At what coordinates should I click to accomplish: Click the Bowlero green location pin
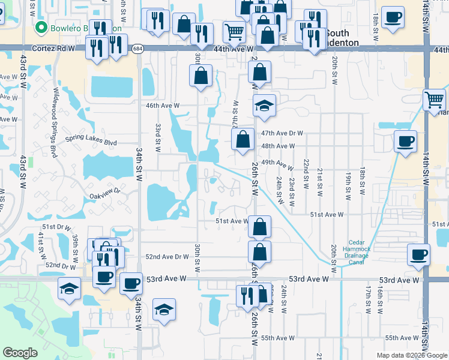click(x=41, y=28)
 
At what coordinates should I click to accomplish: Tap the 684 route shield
click(x=138, y=48)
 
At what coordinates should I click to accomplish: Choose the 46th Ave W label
click(x=164, y=106)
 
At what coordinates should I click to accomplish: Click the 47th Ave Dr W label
click(x=282, y=133)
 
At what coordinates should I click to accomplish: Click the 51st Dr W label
click(x=56, y=227)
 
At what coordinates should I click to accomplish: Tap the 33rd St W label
click(x=158, y=137)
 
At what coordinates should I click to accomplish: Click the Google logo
click(x=20, y=353)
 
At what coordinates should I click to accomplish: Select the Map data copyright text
click(x=412, y=355)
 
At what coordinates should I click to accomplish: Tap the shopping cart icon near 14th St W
click(x=435, y=100)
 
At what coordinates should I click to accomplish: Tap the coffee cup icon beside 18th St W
click(x=393, y=17)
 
